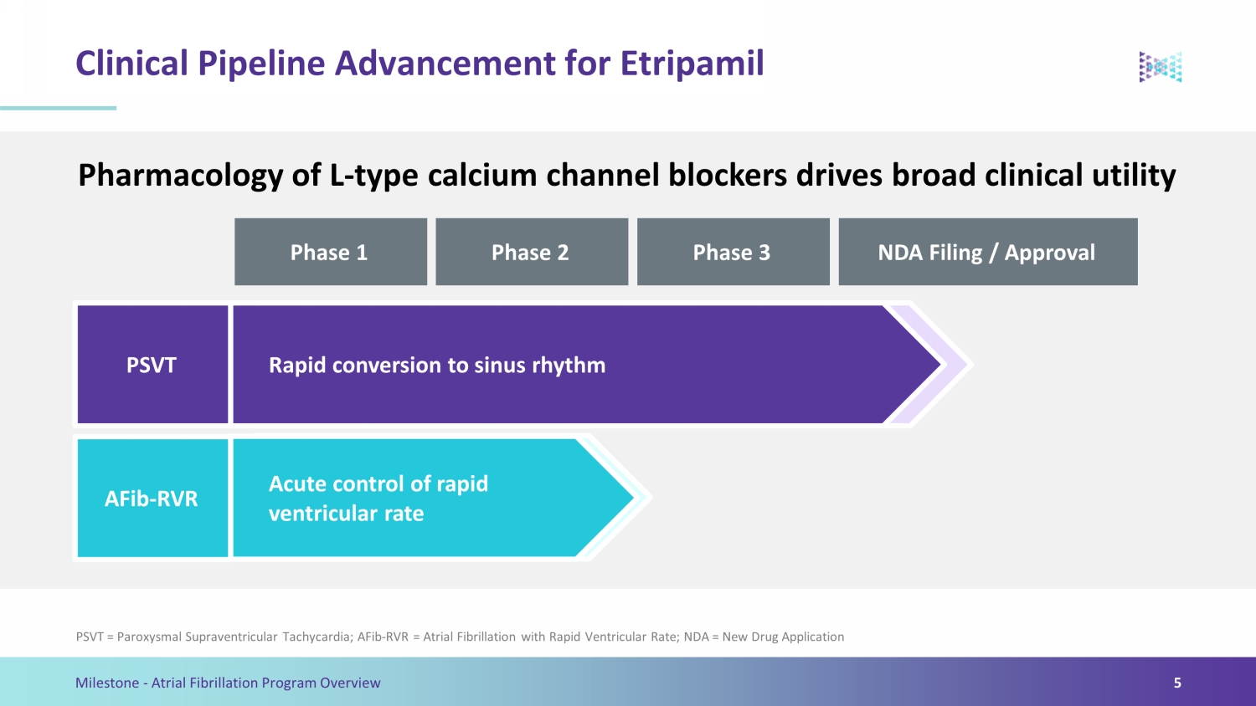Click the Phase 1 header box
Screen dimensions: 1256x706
pyautogui.click(x=331, y=252)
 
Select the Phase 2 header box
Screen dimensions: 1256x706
pyautogui.click(x=532, y=252)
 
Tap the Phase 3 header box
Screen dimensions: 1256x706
pyautogui.click(x=734, y=252)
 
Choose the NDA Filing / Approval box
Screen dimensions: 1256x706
pyautogui.click(x=988, y=252)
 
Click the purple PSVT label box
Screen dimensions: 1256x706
pyautogui.click(x=152, y=364)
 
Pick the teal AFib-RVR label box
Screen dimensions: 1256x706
pyautogui.click(x=152, y=498)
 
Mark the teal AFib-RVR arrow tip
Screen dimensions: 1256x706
pyautogui.click(x=633, y=498)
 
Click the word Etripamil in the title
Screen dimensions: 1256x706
pyautogui.click(x=692, y=64)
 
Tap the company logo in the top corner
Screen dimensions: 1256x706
pyautogui.click(x=1161, y=67)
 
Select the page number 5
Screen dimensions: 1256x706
pyautogui.click(x=1177, y=683)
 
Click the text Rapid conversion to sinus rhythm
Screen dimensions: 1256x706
pyautogui.click(x=437, y=366)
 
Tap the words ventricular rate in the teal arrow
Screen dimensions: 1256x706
pyautogui.click(x=346, y=514)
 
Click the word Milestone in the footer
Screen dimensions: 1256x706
pyautogui.click(x=107, y=683)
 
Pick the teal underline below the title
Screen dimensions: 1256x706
pyautogui.click(x=59, y=108)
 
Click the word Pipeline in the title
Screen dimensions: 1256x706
pyautogui.click(x=261, y=64)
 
